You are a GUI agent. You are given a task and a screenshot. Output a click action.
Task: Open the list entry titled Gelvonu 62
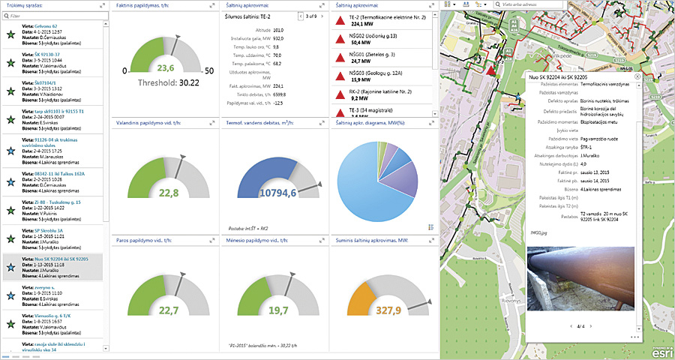click(x=35, y=25)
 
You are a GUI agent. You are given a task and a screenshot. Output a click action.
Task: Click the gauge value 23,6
click(x=166, y=68)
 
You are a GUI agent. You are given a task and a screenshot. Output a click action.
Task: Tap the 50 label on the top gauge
click(x=209, y=70)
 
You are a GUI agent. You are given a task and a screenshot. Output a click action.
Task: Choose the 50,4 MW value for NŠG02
click(x=364, y=43)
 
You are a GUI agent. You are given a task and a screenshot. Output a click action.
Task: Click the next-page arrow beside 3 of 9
click(x=319, y=15)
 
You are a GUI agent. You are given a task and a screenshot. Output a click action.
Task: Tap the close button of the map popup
click(x=637, y=76)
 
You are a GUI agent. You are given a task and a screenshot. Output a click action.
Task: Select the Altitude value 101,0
click(x=278, y=29)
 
